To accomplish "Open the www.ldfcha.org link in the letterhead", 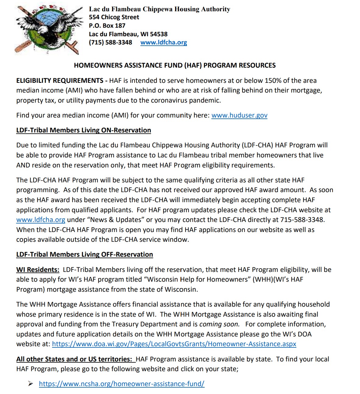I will pyautogui.click(x=164, y=43).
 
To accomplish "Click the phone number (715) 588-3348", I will pyautogui.click(x=110, y=43).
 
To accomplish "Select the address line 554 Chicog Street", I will pyautogui.click(x=114, y=17).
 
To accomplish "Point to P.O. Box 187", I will pyautogui.click(x=107, y=26).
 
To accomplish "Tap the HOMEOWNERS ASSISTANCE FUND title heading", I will pyautogui.click(x=175, y=65).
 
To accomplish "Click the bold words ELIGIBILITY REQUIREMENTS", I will pyautogui.click(x=60, y=81).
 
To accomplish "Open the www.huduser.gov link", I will pyautogui.click(x=239, y=115).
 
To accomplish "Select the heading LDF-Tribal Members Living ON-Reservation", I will pyautogui.click(x=83, y=130).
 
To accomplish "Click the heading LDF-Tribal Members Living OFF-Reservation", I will pyautogui.click(x=84, y=255).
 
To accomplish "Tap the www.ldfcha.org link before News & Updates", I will pyautogui.click(x=41, y=220).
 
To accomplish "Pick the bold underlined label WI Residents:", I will pyautogui.click(x=38, y=270).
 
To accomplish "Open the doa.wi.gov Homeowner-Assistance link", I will pyautogui.click(x=174, y=344).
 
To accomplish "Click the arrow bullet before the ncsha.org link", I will pyautogui.click(x=31, y=384).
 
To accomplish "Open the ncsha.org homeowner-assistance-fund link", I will pyautogui.click(x=122, y=384).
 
